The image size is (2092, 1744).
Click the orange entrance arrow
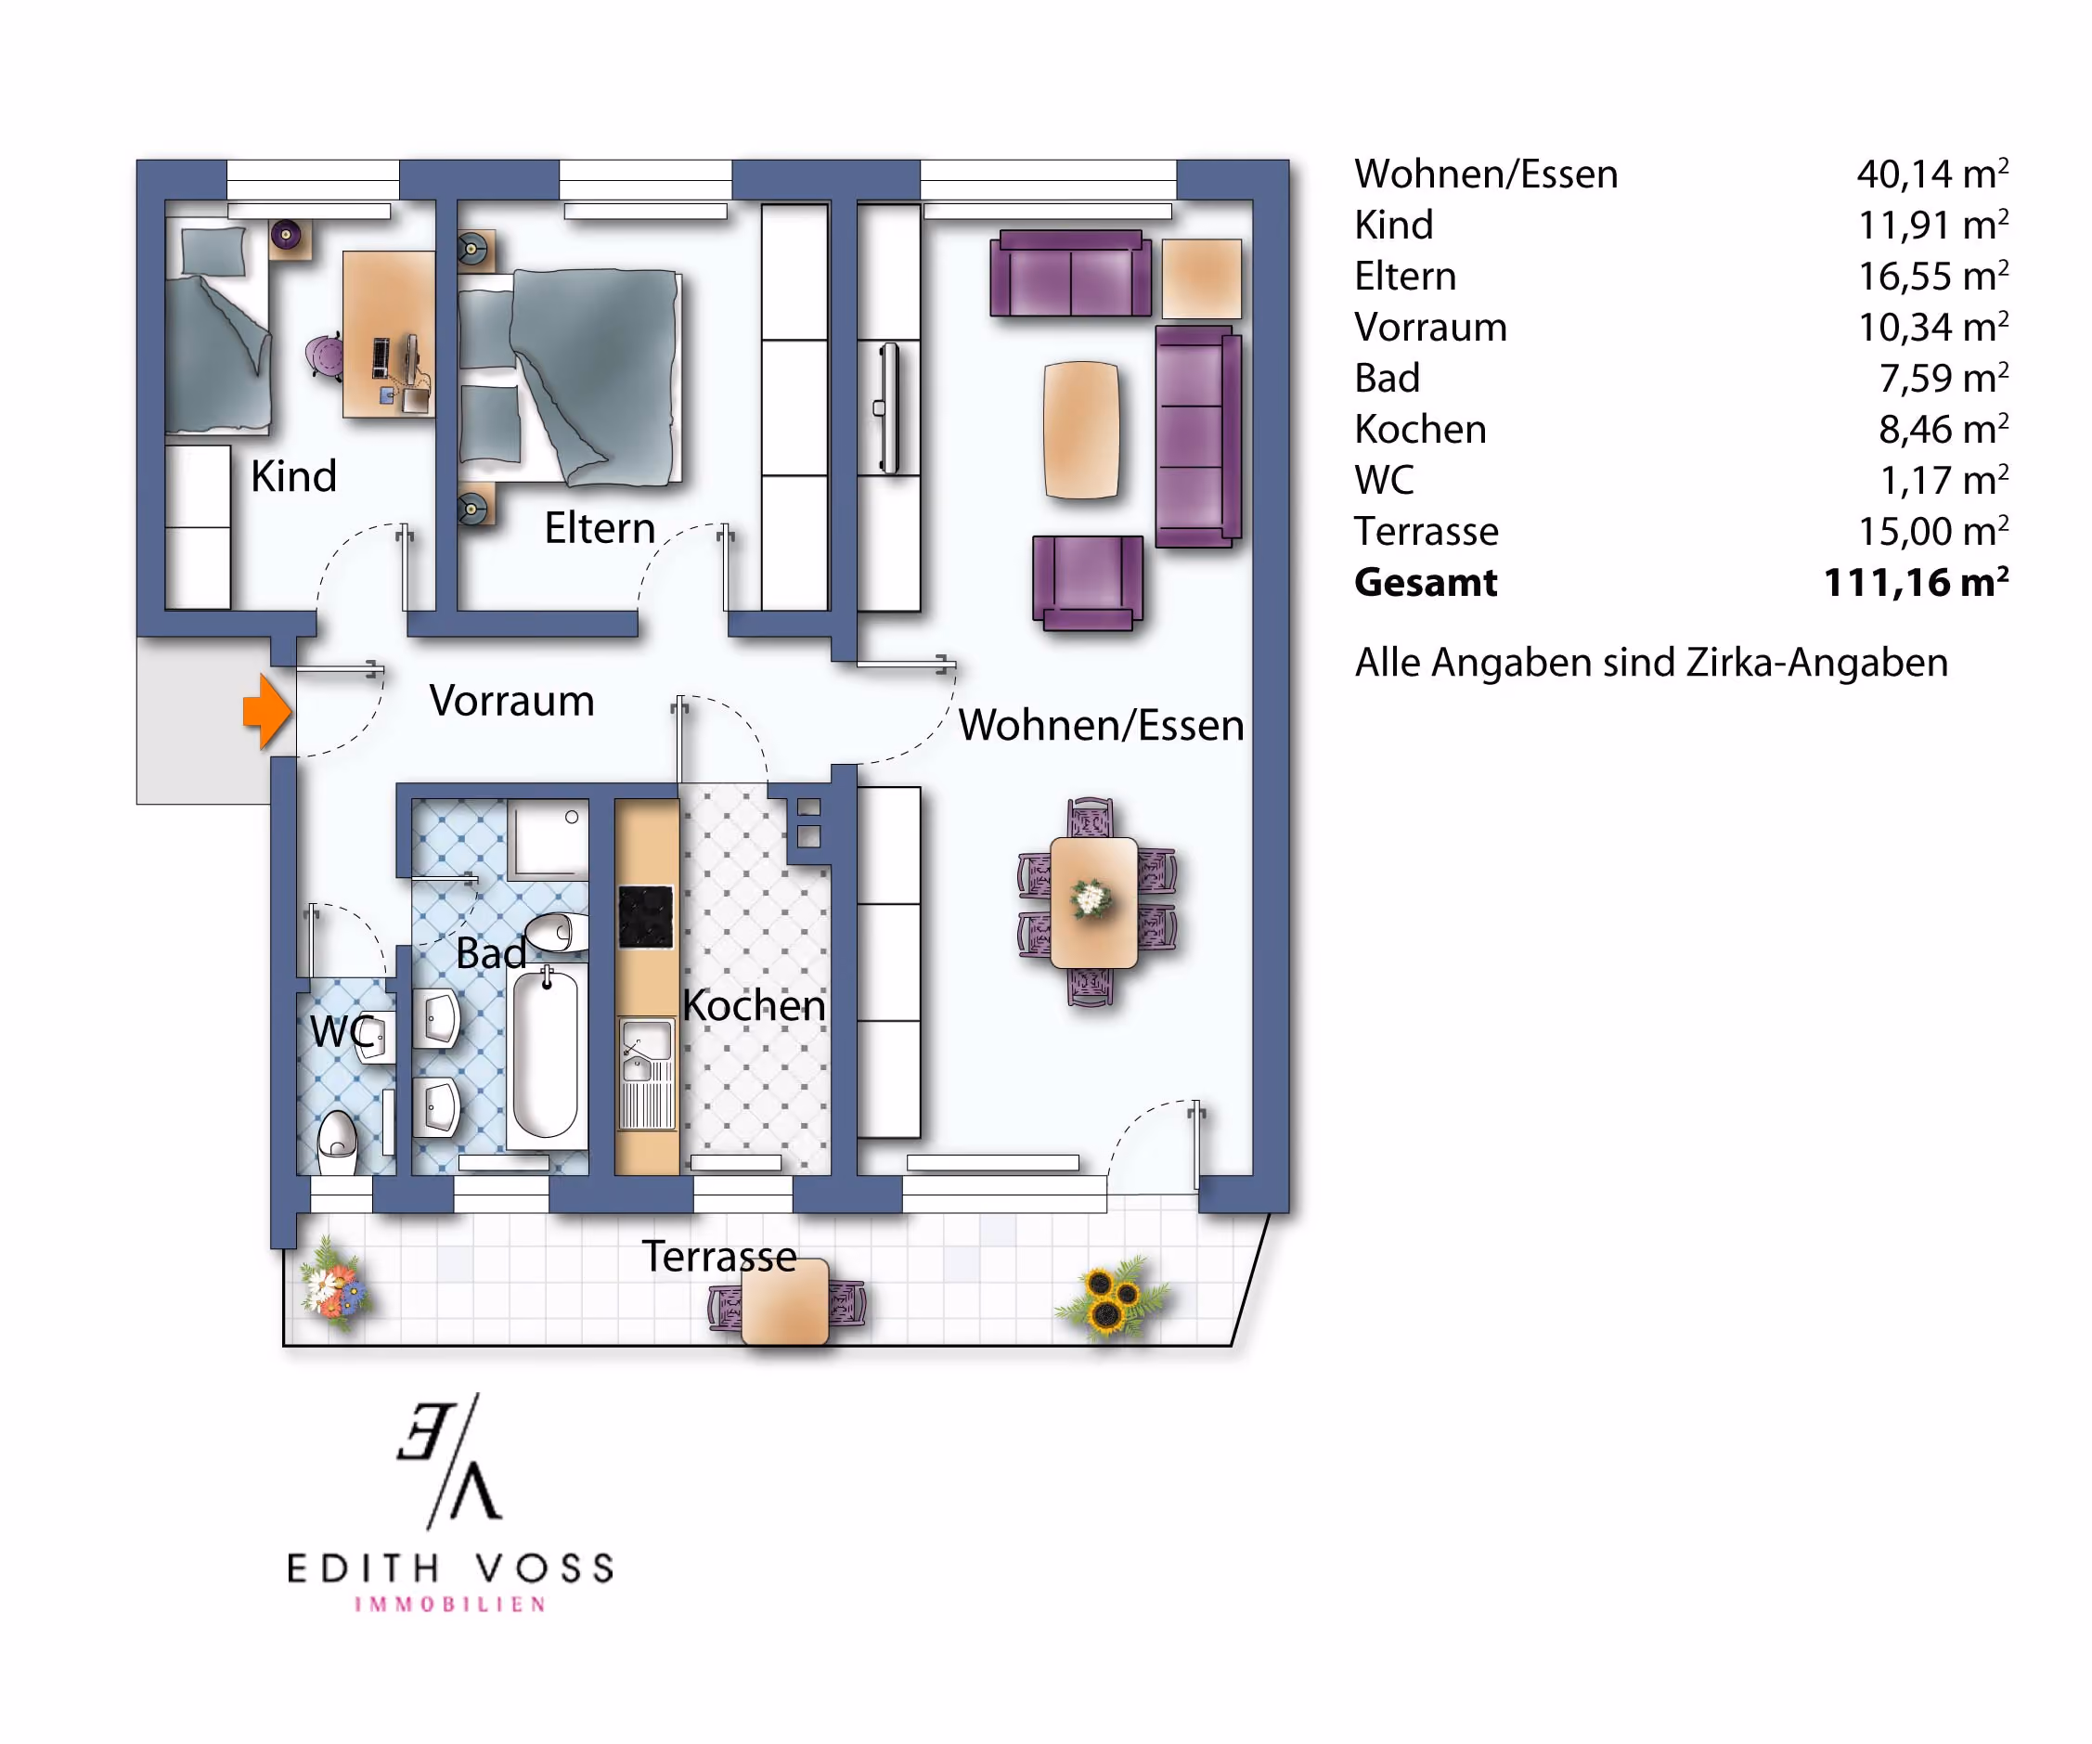click(267, 711)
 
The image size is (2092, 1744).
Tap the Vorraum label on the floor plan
click(511, 701)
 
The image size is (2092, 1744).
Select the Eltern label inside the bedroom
click(600, 528)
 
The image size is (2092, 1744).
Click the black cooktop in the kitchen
click(646, 917)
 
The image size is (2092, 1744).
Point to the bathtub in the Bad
click(546, 1053)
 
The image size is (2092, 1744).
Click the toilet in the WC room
click(338, 1143)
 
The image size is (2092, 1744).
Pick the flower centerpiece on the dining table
click(1091, 898)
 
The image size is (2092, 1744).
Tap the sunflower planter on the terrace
click(1110, 1298)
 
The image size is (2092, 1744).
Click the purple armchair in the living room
click(1087, 583)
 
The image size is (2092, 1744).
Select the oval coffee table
click(1081, 431)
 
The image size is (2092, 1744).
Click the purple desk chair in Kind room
click(324, 357)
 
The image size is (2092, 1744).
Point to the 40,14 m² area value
click(1931, 174)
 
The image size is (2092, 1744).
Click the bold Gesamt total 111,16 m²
click(1915, 583)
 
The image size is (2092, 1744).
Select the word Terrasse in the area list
click(1426, 532)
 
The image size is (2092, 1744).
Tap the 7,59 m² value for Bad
click(1943, 379)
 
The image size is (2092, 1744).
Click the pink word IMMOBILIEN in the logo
click(450, 1605)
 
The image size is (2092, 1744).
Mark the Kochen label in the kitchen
click(755, 1006)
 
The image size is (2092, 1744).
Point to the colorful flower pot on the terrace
click(335, 1285)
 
